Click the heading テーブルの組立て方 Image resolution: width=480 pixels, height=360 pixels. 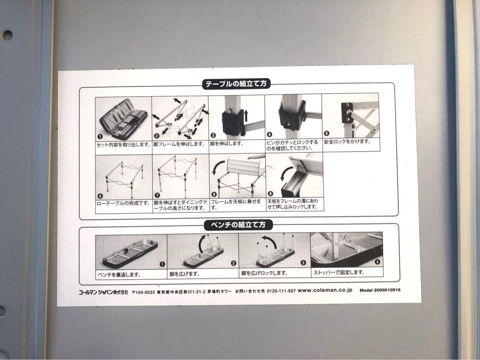click(x=236, y=84)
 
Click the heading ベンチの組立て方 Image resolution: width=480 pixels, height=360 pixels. click(x=238, y=225)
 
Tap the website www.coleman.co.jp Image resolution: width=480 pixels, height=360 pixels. click(x=325, y=290)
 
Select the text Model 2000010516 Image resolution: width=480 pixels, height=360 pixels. click(x=380, y=290)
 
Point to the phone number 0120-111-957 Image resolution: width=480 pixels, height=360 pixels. click(x=281, y=291)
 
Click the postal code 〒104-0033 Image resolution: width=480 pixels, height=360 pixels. click(x=143, y=292)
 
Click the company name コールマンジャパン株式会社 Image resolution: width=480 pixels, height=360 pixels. click(x=104, y=292)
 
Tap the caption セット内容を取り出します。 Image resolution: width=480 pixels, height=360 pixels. click(x=124, y=144)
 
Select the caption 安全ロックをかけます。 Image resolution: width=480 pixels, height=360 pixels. click(x=348, y=141)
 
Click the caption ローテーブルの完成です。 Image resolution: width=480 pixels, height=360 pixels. click(x=124, y=203)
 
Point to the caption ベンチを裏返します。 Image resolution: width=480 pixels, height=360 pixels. click(x=119, y=275)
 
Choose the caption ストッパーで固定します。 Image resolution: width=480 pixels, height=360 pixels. click(x=339, y=272)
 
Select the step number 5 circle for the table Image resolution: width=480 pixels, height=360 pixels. click(x=326, y=133)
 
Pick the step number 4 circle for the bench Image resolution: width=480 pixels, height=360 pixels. click(x=377, y=262)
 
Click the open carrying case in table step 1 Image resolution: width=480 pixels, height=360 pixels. click(x=123, y=118)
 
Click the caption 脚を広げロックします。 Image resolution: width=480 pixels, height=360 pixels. click(x=264, y=273)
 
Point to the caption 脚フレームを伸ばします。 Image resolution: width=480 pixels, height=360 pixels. click(x=179, y=144)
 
